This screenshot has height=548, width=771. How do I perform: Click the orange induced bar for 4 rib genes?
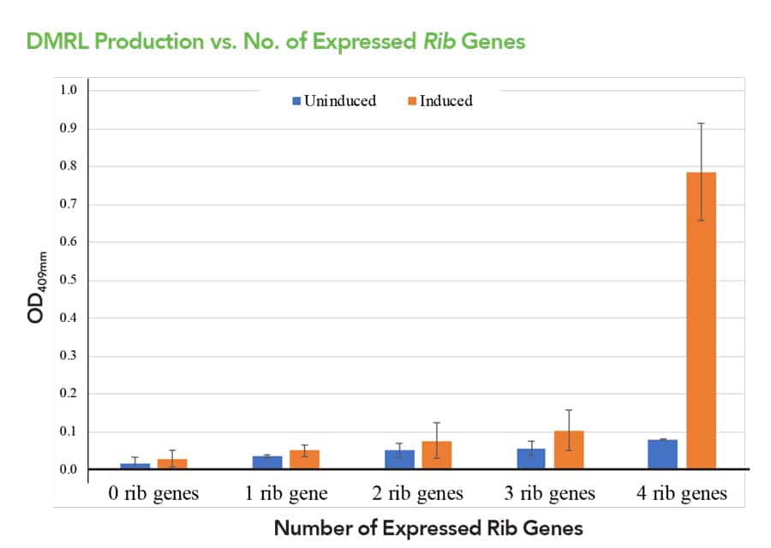pos(701,320)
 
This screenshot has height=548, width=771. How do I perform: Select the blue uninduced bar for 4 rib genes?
pos(662,454)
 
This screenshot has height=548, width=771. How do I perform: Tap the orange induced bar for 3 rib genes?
pos(569,450)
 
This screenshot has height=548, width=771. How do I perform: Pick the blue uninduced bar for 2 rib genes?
pos(399,460)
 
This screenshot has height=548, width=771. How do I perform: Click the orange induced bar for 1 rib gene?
pos(304,460)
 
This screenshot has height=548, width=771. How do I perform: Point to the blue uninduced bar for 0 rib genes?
pos(135,466)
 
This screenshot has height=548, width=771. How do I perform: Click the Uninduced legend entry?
pos(334,101)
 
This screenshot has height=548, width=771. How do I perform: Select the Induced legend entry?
pos(440,101)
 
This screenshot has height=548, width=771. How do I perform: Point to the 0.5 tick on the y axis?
pos(69,280)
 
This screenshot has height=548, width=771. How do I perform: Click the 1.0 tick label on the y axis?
pos(69,90)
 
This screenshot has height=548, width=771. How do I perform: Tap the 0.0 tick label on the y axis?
pos(69,469)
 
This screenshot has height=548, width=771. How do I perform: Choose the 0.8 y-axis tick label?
pos(69,165)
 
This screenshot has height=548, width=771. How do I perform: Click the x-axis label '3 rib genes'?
pos(550,493)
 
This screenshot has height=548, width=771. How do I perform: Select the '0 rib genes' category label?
pos(153,493)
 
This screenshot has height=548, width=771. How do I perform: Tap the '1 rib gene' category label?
pos(286,493)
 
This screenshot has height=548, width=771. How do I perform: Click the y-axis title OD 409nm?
pos(37,287)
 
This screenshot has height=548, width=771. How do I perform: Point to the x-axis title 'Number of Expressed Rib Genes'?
pos(428,528)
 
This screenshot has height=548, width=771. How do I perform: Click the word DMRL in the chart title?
pos(57,41)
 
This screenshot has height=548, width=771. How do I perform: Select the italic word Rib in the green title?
pos(439,41)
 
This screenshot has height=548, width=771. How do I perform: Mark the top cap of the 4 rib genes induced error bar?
pos(701,123)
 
